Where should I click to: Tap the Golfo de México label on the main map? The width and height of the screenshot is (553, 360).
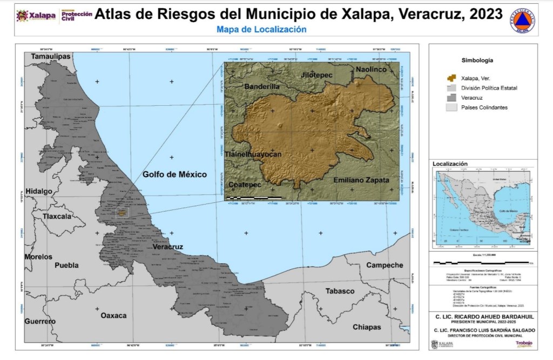coord(175,174)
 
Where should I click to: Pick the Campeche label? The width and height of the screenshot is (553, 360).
coord(385,265)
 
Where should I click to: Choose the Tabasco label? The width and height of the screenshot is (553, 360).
coord(340,291)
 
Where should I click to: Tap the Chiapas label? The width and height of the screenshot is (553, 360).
coord(367,327)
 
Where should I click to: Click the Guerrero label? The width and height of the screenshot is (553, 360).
coord(40,321)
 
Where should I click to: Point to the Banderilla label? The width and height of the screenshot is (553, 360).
coord(262,86)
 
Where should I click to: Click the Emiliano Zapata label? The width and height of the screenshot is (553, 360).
coord(361,180)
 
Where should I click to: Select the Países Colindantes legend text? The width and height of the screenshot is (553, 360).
coord(484,107)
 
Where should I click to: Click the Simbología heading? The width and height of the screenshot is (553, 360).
coord(477,60)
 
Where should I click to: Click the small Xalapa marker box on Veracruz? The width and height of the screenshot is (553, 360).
coord(123,213)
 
